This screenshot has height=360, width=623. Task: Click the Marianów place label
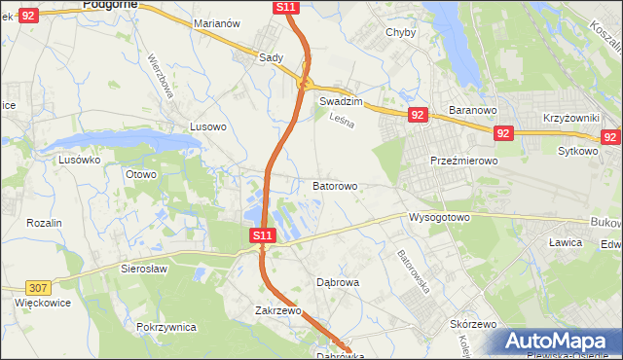(x=216, y=22)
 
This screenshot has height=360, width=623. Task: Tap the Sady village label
(x=271, y=57)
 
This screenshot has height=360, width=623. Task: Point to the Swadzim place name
(x=341, y=101)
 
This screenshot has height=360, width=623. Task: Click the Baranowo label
(x=473, y=110)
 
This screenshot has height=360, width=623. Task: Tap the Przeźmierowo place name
(x=464, y=161)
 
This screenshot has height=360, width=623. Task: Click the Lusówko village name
(x=80, y=160)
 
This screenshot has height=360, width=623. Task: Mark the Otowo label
(x=141, y=174)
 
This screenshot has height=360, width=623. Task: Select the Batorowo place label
(x=335, y=185)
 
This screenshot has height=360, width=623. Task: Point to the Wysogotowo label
(x=439, y=216)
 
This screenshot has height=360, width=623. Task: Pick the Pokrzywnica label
(x=167, y=327)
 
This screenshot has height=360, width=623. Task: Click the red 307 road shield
(x=38, y=287)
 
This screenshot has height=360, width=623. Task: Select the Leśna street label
(x=340, y=122)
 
